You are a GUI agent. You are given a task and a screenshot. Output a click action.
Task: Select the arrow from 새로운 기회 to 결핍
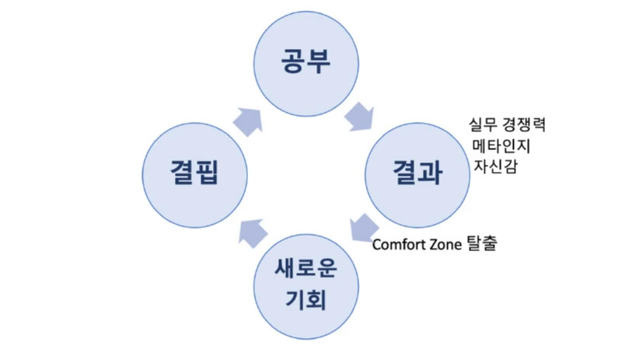253,226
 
